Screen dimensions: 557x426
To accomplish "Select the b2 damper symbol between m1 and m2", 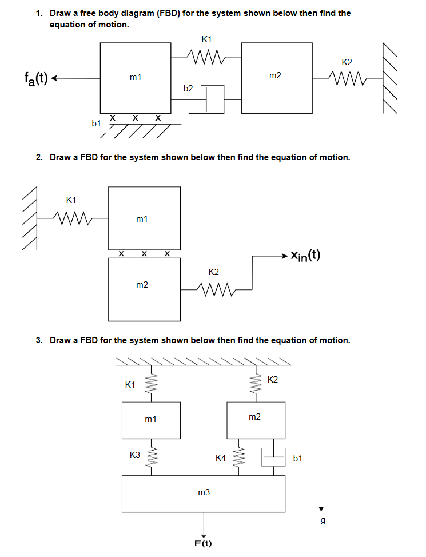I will click(x=213, y=98).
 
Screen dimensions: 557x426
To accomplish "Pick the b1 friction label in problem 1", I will click(x=97, y=123).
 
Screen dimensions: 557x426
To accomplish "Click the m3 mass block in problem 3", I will click(x=204, y=493).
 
